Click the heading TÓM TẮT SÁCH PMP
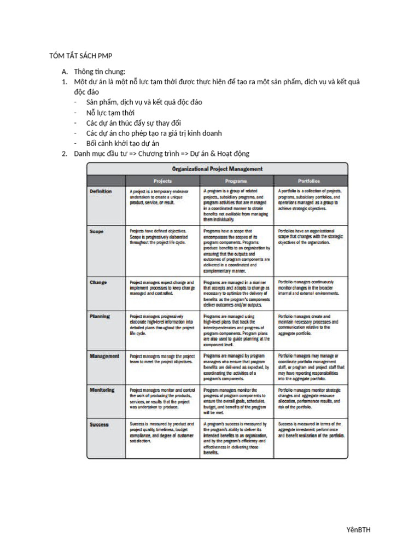[80, 56]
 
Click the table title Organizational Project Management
[218, 168]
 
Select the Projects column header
[162, 180]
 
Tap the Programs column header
[236, 180]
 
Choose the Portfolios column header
[309, 180]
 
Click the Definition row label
[101, 191]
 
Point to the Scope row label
[96, 231]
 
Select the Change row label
[98, 282]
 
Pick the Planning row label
[100, 316]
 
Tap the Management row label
[104, 356]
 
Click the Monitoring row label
[102, 390]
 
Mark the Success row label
[99, 424]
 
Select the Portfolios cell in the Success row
[311, 430]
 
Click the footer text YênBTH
[359, 529]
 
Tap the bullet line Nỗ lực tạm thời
[110, 113]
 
